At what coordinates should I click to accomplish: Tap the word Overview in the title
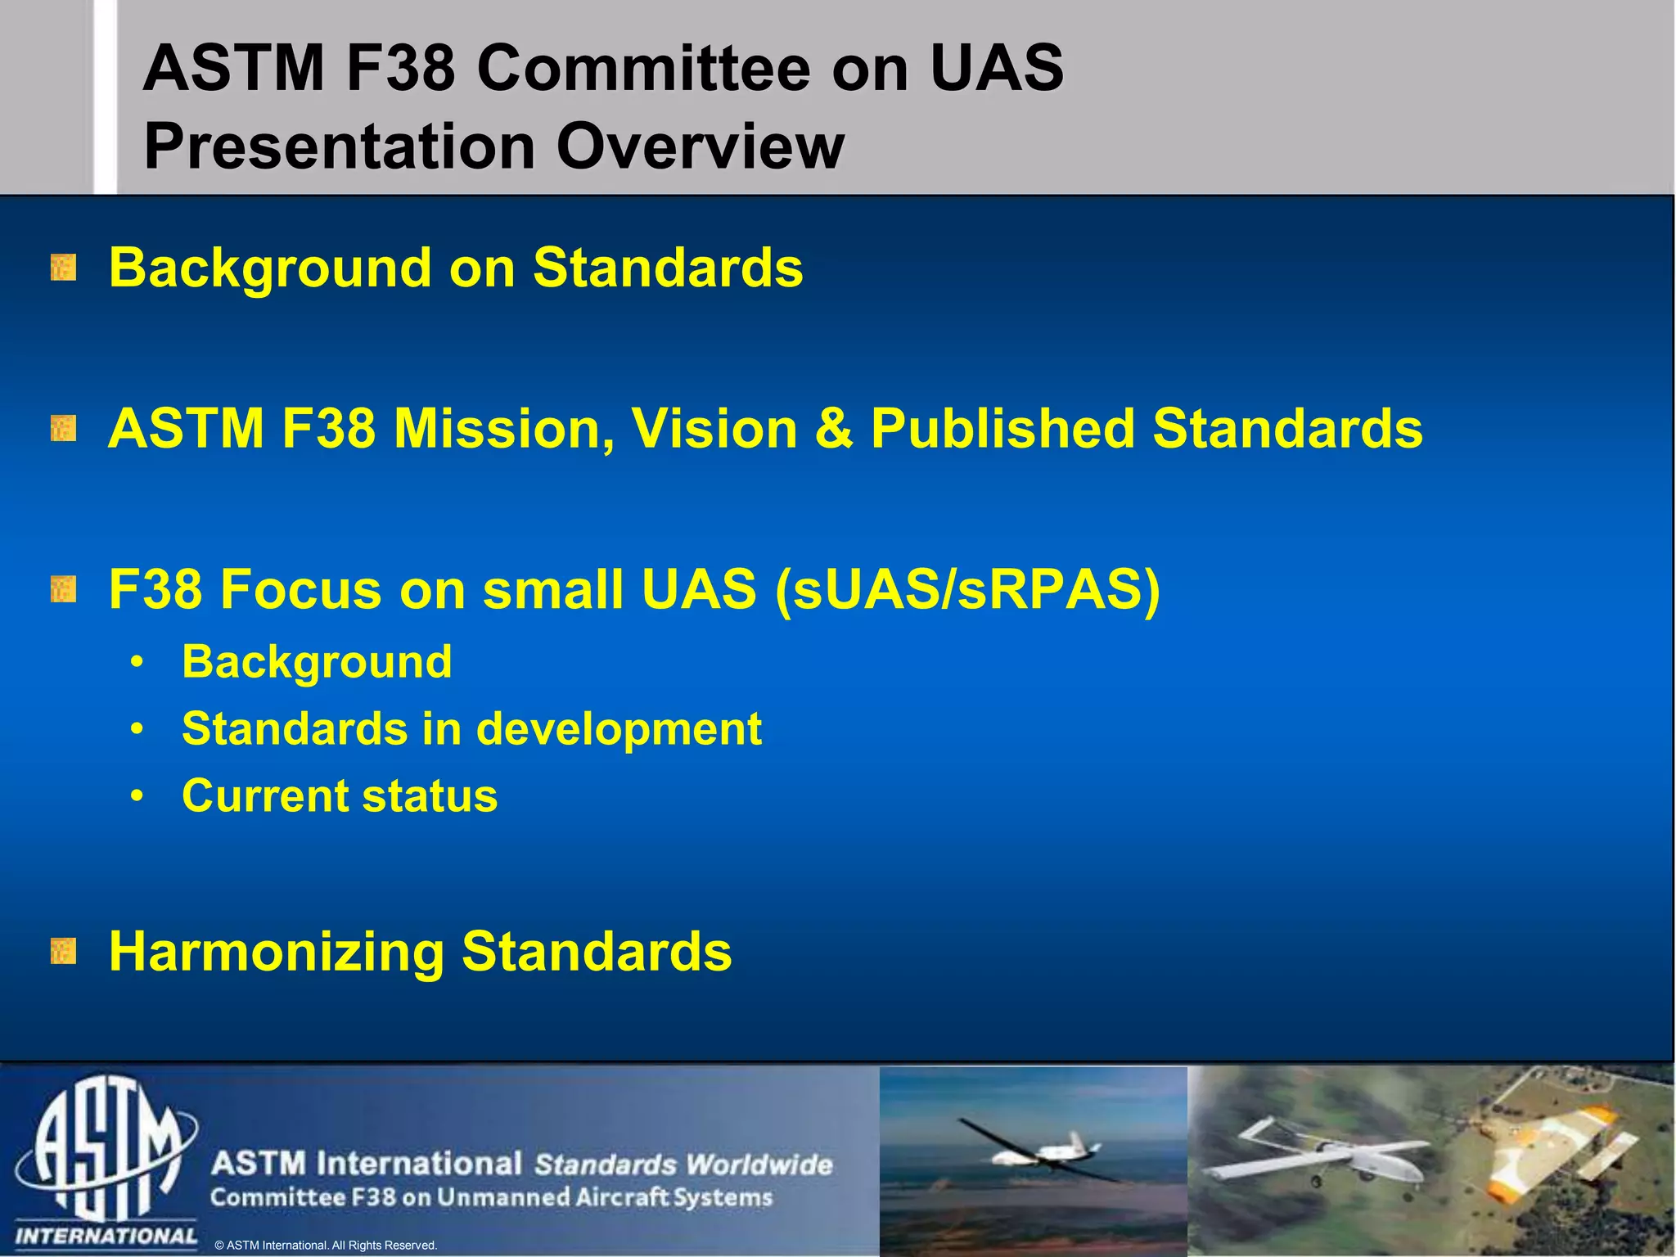point(701,146)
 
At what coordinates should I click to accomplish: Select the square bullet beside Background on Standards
point(63,268)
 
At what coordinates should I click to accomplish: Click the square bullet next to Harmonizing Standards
point(63,952)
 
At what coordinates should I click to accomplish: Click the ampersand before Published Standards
point(833,429)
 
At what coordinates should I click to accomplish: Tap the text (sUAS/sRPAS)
point(966,590)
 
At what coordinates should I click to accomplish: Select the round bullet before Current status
point(137,796)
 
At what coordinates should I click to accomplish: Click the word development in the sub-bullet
point(619,729)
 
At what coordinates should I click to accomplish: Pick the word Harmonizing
point(276,952)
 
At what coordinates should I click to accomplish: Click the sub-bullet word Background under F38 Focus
point(317,662)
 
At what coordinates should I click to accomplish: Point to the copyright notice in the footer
point(326,1246)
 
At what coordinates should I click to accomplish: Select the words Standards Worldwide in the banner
point(683,1165)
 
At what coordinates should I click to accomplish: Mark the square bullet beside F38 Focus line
point(63,589)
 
